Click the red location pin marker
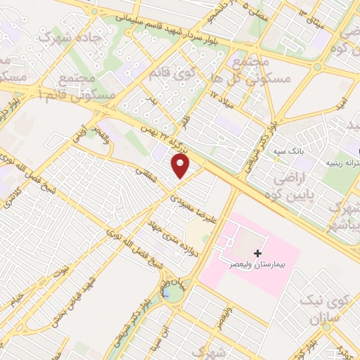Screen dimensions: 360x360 [x=181, y=166]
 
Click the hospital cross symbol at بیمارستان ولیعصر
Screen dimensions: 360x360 [x=258, y=252]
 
